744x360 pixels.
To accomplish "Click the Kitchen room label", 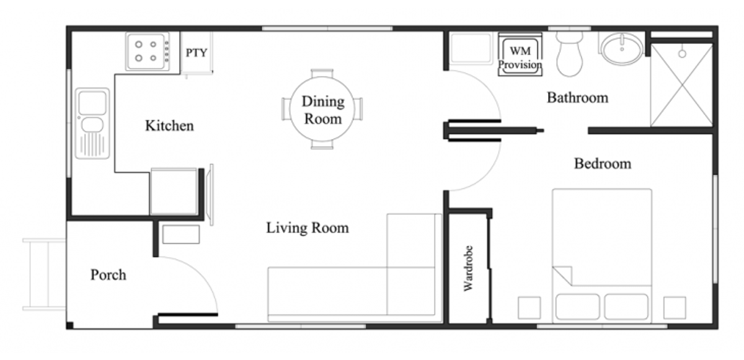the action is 169,126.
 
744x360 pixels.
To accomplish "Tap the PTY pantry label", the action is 197,53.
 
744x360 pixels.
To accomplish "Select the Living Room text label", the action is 308,228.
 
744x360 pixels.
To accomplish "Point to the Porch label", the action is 108,274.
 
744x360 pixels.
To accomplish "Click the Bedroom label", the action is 603,164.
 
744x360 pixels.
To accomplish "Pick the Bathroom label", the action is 578,97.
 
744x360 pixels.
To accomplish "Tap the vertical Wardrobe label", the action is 468,268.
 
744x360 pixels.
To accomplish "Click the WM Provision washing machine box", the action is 520,55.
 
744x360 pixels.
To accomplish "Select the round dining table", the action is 322,109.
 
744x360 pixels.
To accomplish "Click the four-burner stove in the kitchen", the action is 148,51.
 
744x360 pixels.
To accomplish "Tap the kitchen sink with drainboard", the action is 92,123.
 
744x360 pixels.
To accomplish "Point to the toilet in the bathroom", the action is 569,54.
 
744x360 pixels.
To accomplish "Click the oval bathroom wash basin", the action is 622,49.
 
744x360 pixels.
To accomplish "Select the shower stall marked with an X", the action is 681,86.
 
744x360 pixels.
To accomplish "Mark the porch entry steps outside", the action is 44,274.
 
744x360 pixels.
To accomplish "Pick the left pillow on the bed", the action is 578,306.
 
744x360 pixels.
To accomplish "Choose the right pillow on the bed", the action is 626,306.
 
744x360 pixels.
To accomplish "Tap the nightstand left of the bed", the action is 529,308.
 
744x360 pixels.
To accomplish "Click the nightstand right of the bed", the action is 675,308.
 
